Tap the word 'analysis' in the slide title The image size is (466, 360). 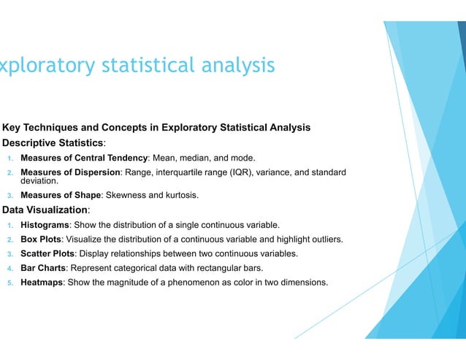tap(234, 66)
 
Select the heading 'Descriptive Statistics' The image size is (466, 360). tap(54, 142)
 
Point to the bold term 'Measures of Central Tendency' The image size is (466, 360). tap(84, 158)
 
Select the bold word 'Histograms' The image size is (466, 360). tap(45, 225)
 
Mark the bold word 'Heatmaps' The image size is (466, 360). tap(43, 283)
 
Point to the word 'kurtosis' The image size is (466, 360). tap(180, 196)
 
